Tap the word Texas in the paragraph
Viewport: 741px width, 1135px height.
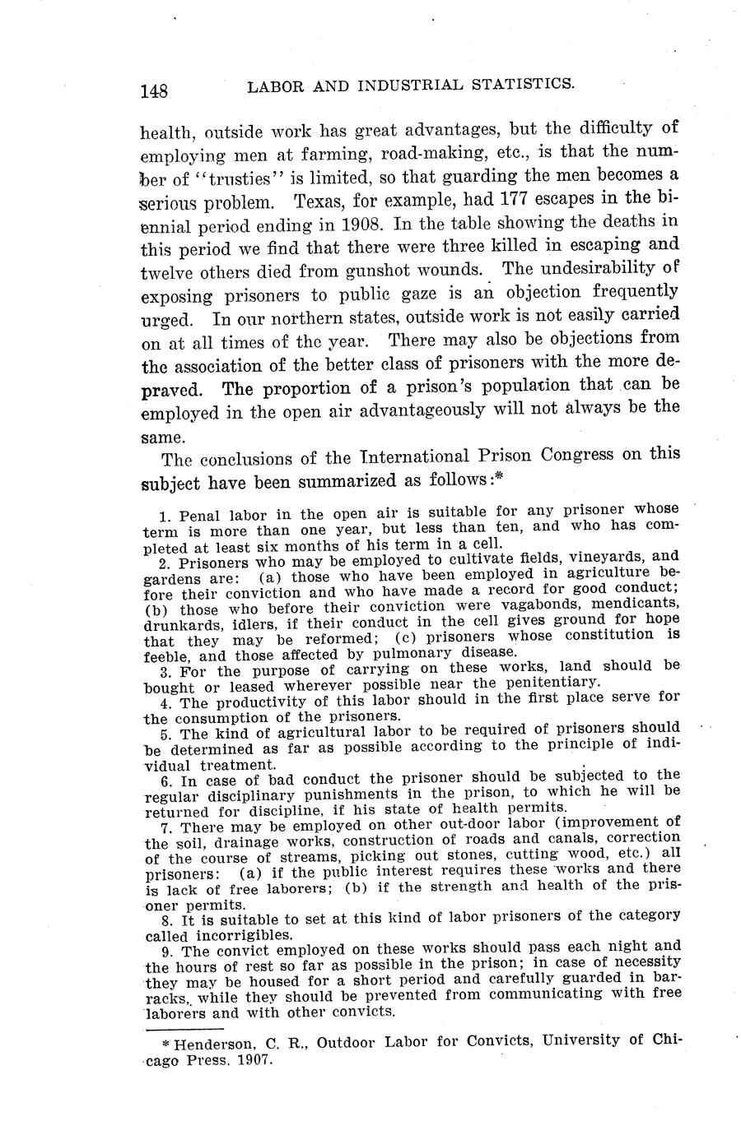[x=322, y=200]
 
